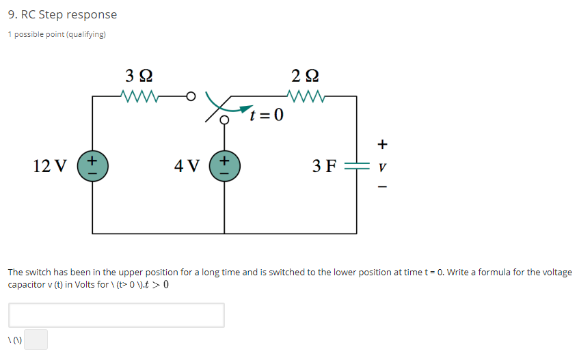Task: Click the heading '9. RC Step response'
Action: pos(62,14)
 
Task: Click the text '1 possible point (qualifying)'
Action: pos(57,34)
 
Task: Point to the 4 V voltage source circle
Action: pos(224,166)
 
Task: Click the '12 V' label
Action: pos(50,166)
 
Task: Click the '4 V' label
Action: pos(187,166)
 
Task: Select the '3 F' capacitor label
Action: pos(324,166)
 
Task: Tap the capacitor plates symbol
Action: pos(356,166)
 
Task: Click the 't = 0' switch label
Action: pos(266,114)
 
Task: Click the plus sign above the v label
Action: pos(383,144)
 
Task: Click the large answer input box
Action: pos(116,315)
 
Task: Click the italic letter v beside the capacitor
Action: pos(383,166)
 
